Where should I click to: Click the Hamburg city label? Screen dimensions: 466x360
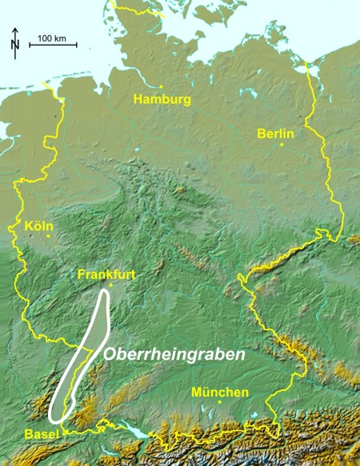click(x=162, y=100)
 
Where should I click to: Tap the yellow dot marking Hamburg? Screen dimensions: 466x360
click(x=161, y=86)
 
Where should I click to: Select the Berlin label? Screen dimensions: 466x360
click(x=274, y=133)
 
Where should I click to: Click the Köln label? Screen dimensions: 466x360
click(x=41, y=226)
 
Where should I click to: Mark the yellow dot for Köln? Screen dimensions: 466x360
click(x=48, y=236)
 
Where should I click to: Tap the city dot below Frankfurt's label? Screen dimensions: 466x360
click(x=111, y=285)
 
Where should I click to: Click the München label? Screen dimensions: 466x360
click(x=220, y=392)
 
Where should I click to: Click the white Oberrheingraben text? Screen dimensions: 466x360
click(x=173, y=352)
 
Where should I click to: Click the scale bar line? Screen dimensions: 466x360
click(x=52, y=46)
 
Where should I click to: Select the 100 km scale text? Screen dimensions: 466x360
click(x=52, y=38)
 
